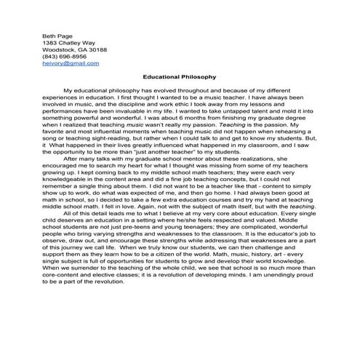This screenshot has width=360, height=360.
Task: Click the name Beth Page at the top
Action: point(55,34)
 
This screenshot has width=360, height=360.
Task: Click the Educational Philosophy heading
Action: point(179,76)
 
